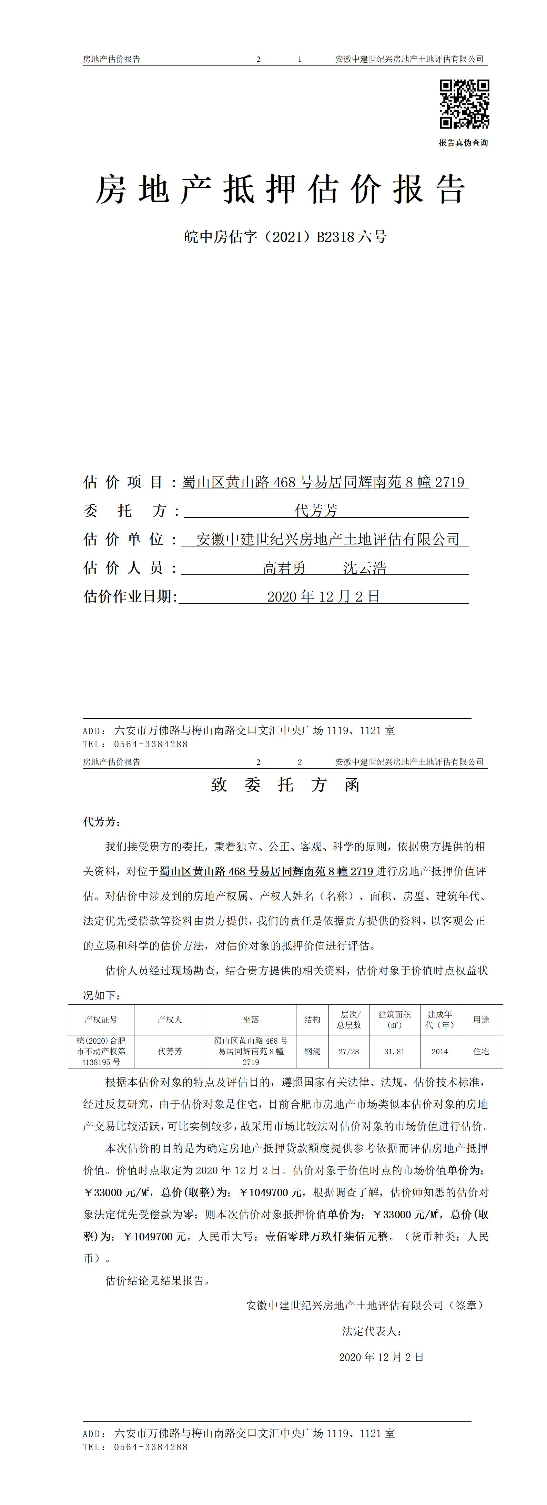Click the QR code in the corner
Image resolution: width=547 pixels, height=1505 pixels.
click(464, 104)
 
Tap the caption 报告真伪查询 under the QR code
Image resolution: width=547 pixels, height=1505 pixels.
click(464, 143)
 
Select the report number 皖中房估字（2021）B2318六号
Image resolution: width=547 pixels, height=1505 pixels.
click(285, 237)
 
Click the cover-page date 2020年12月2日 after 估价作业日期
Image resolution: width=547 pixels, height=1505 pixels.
click(324, 596)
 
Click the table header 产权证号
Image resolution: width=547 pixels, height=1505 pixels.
click(101, 1020)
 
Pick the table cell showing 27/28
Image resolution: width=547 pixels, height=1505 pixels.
click(349, 1052)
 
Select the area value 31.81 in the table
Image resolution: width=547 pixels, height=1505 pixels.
click(394, 1052)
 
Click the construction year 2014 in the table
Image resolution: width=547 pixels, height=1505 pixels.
click(439, 1052)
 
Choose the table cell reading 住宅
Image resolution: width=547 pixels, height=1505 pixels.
click(481, 1052)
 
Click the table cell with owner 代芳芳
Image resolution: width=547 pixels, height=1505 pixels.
click(170, 1052)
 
